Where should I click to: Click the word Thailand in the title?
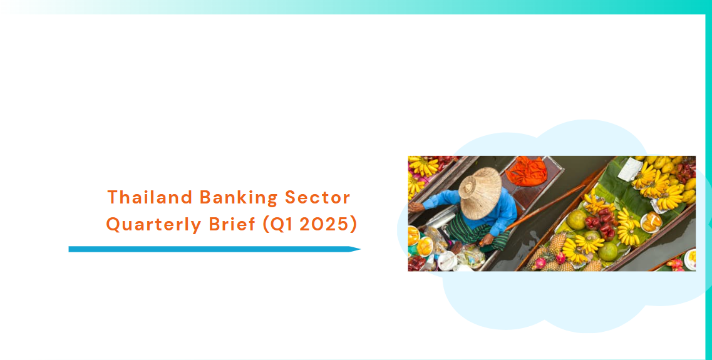point(150,197)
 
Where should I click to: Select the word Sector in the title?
point(317,197)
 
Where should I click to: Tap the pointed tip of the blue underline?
point(361,249)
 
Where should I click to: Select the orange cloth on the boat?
point(526,171)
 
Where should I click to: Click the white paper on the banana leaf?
point(630,169)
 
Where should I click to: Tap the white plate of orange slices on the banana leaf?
point(651,222)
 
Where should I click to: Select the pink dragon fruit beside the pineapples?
point(541,263)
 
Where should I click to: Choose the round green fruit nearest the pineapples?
point(577,220)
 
